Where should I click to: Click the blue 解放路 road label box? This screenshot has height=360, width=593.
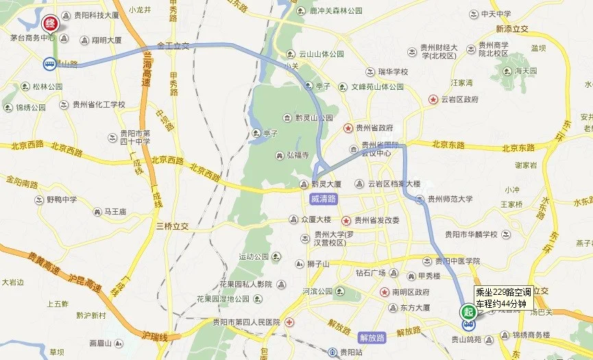tap(372, 337)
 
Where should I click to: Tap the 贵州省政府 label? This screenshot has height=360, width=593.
tap(374, 128)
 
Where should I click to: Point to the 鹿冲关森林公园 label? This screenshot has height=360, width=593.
tap(335, 12)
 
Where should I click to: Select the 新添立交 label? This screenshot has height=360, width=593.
tap(512, 29)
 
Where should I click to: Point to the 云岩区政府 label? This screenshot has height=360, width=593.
tap(459, 99)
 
